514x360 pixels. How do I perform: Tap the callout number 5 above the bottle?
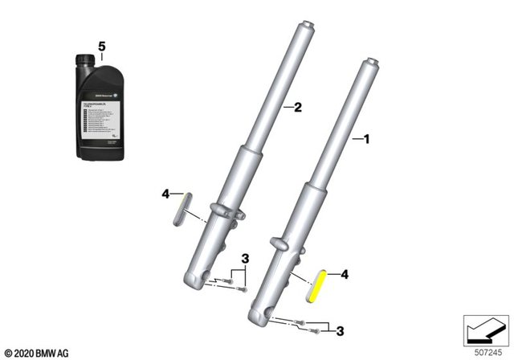coord(101,47)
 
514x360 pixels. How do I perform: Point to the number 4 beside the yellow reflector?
coord(345,275)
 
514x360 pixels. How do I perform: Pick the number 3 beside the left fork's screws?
coord(247,257)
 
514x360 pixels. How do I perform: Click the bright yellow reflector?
coord(317,284)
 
